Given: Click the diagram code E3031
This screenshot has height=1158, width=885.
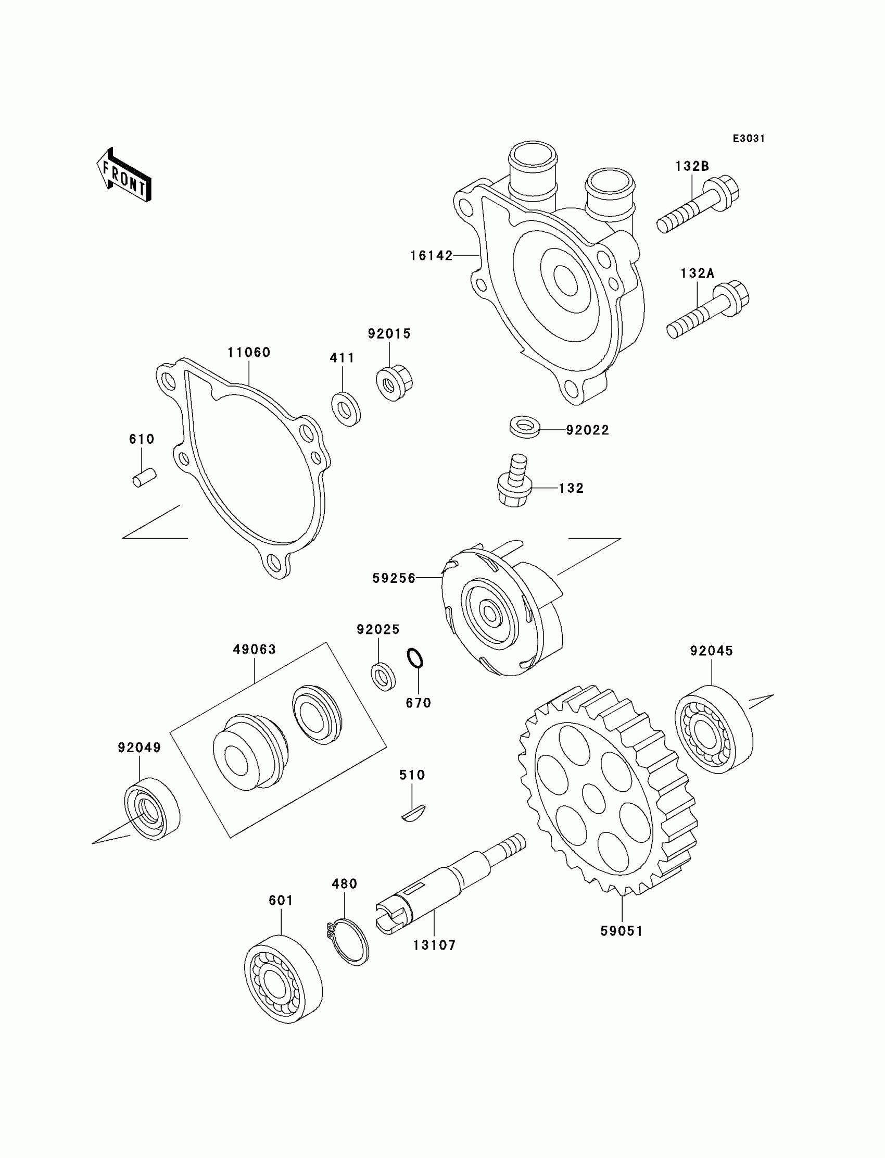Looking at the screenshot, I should [x=749, y=139].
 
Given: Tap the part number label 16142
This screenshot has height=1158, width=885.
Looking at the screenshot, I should [x=432, y=256].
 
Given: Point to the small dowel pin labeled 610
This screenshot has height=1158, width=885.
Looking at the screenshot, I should [x=144, y=478].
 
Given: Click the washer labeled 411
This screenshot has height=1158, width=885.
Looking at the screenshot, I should [x=346, y=408].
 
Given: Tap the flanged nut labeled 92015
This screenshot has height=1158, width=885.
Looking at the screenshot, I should [x=394, y=383].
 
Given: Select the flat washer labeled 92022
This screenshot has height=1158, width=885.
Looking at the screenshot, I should [x=525, y=427].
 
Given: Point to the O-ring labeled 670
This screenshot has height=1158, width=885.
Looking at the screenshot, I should [x=415, y=658].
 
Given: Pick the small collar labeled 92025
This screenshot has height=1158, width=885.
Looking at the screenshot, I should [x=383, y=677].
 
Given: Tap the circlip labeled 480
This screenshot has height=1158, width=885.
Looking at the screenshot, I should [x=348, y=942].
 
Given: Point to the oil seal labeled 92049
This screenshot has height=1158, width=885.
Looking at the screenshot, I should [x=151, y=808].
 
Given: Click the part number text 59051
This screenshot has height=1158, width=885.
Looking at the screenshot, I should [x=622, y=931].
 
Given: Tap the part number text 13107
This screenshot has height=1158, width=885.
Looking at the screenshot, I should [x=434, y=945].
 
